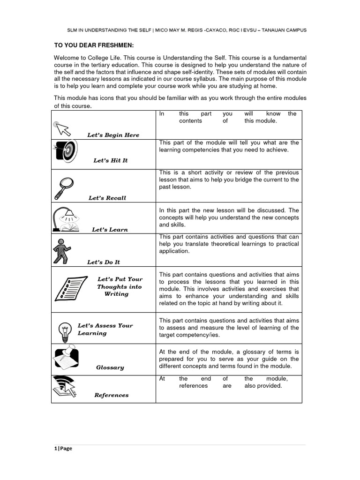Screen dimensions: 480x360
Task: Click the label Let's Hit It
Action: [111, 160]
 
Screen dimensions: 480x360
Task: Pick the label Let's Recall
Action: [107, 198]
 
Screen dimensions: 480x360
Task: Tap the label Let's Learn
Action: [110, 230]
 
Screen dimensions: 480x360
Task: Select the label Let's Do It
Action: [104, 262]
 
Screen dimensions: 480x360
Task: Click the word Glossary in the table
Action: [110, 367]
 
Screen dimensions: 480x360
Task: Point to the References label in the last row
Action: [111, 395]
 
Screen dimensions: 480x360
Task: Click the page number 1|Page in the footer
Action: [63, 448]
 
